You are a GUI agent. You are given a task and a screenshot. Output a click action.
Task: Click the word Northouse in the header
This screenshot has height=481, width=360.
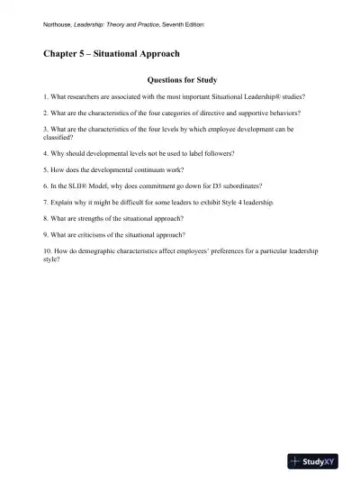[59, 25]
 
